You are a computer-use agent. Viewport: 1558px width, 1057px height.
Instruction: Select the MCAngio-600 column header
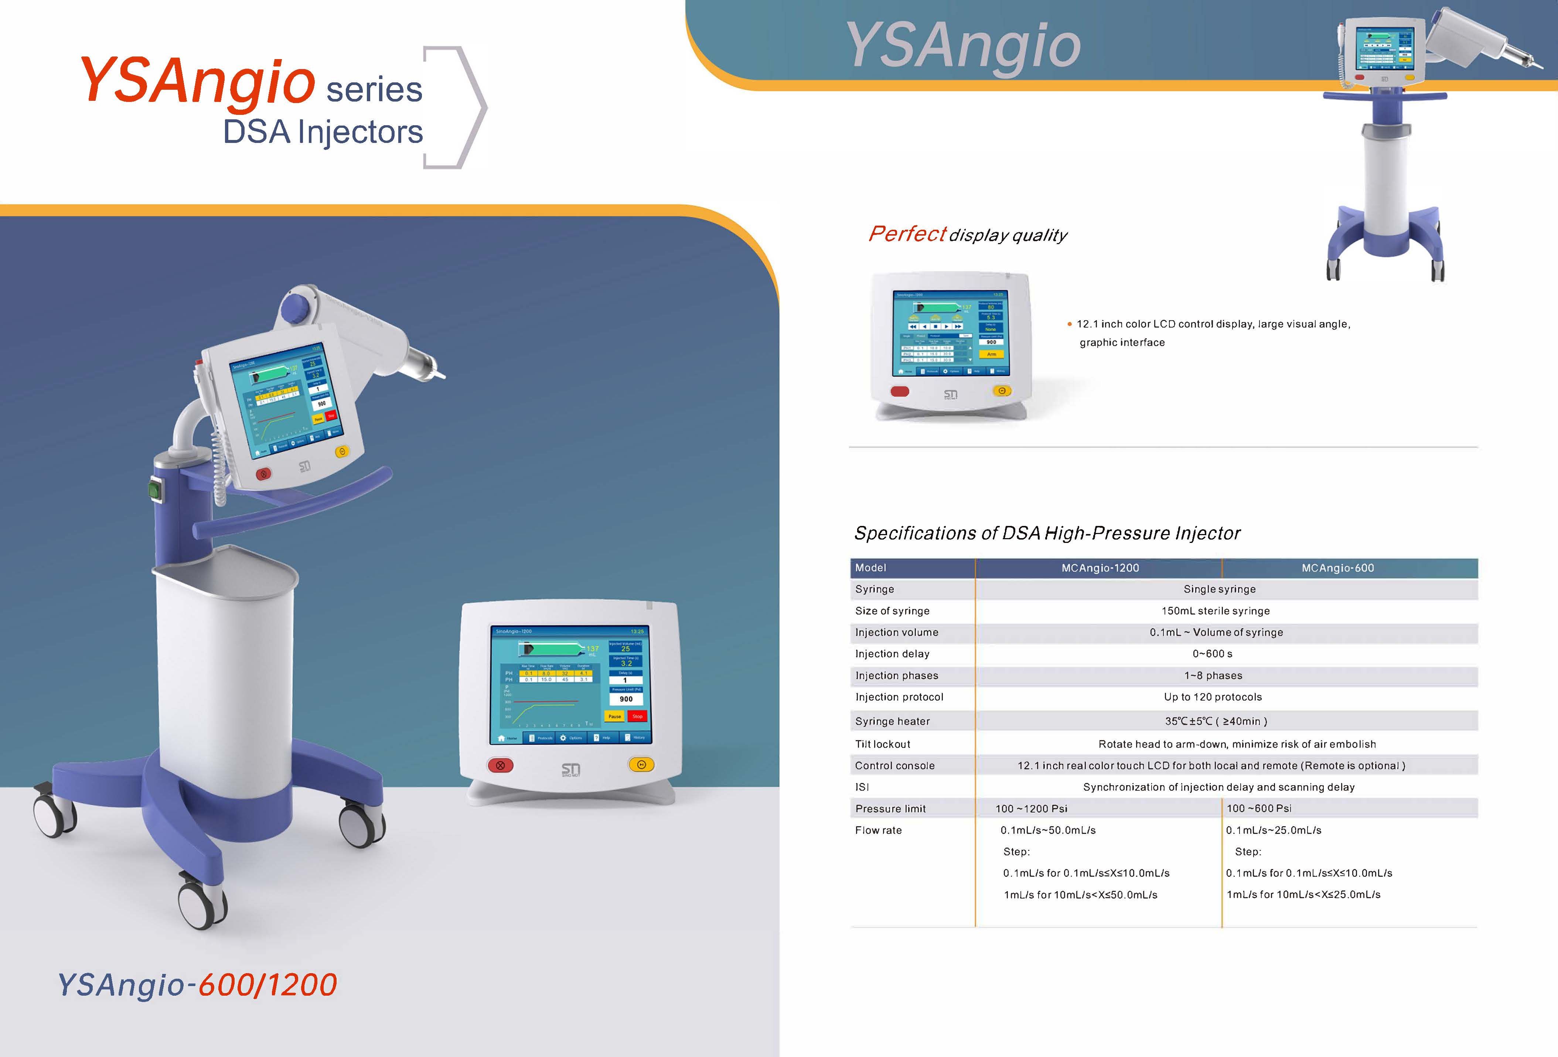click(x=1337, y=568)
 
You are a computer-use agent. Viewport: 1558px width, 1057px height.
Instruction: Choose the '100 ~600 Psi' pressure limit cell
click(x=1258, y=808)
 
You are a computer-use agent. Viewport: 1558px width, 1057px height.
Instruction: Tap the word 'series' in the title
click(x=374, y=89)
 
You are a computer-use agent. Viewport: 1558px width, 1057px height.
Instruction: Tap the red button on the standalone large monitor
click(x=500, y=765)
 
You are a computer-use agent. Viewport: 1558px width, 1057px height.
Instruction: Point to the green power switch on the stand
click(x=156, y=490)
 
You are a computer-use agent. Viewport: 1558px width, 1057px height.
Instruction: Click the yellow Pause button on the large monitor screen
click(x=614, y=716)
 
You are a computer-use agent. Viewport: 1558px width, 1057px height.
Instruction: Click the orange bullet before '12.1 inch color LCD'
click(x=1069, y=324)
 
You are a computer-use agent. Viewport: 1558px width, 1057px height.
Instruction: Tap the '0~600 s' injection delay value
click(x=1212, y=653)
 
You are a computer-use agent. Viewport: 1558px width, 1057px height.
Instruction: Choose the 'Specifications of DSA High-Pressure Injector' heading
click(x=1047, y=533)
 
